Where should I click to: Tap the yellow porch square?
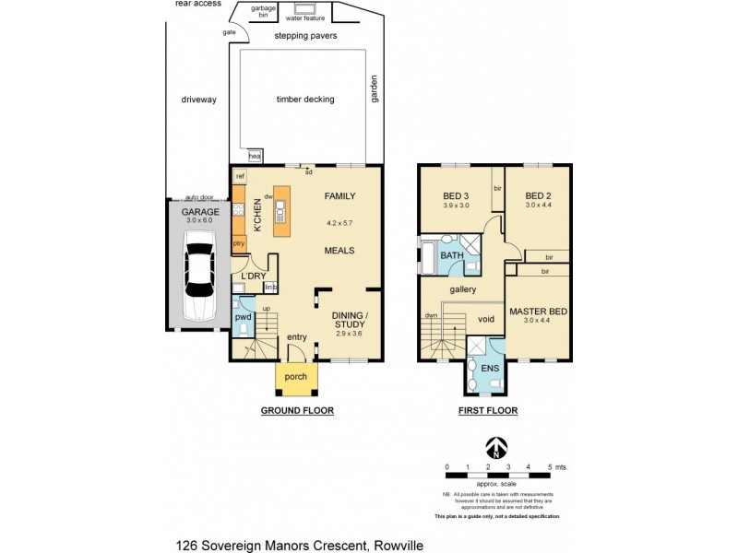(296, 376)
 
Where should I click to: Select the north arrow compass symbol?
(497, 448)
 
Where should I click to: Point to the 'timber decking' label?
(304, 100)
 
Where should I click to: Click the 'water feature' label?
(306, 17)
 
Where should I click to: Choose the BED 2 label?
(538, 195)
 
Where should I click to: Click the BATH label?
(451, 255)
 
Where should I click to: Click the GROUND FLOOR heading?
(296, 410)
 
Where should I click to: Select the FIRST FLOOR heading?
(488, 410)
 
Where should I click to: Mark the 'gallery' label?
(462, 289)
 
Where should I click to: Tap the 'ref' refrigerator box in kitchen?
(240, 175)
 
